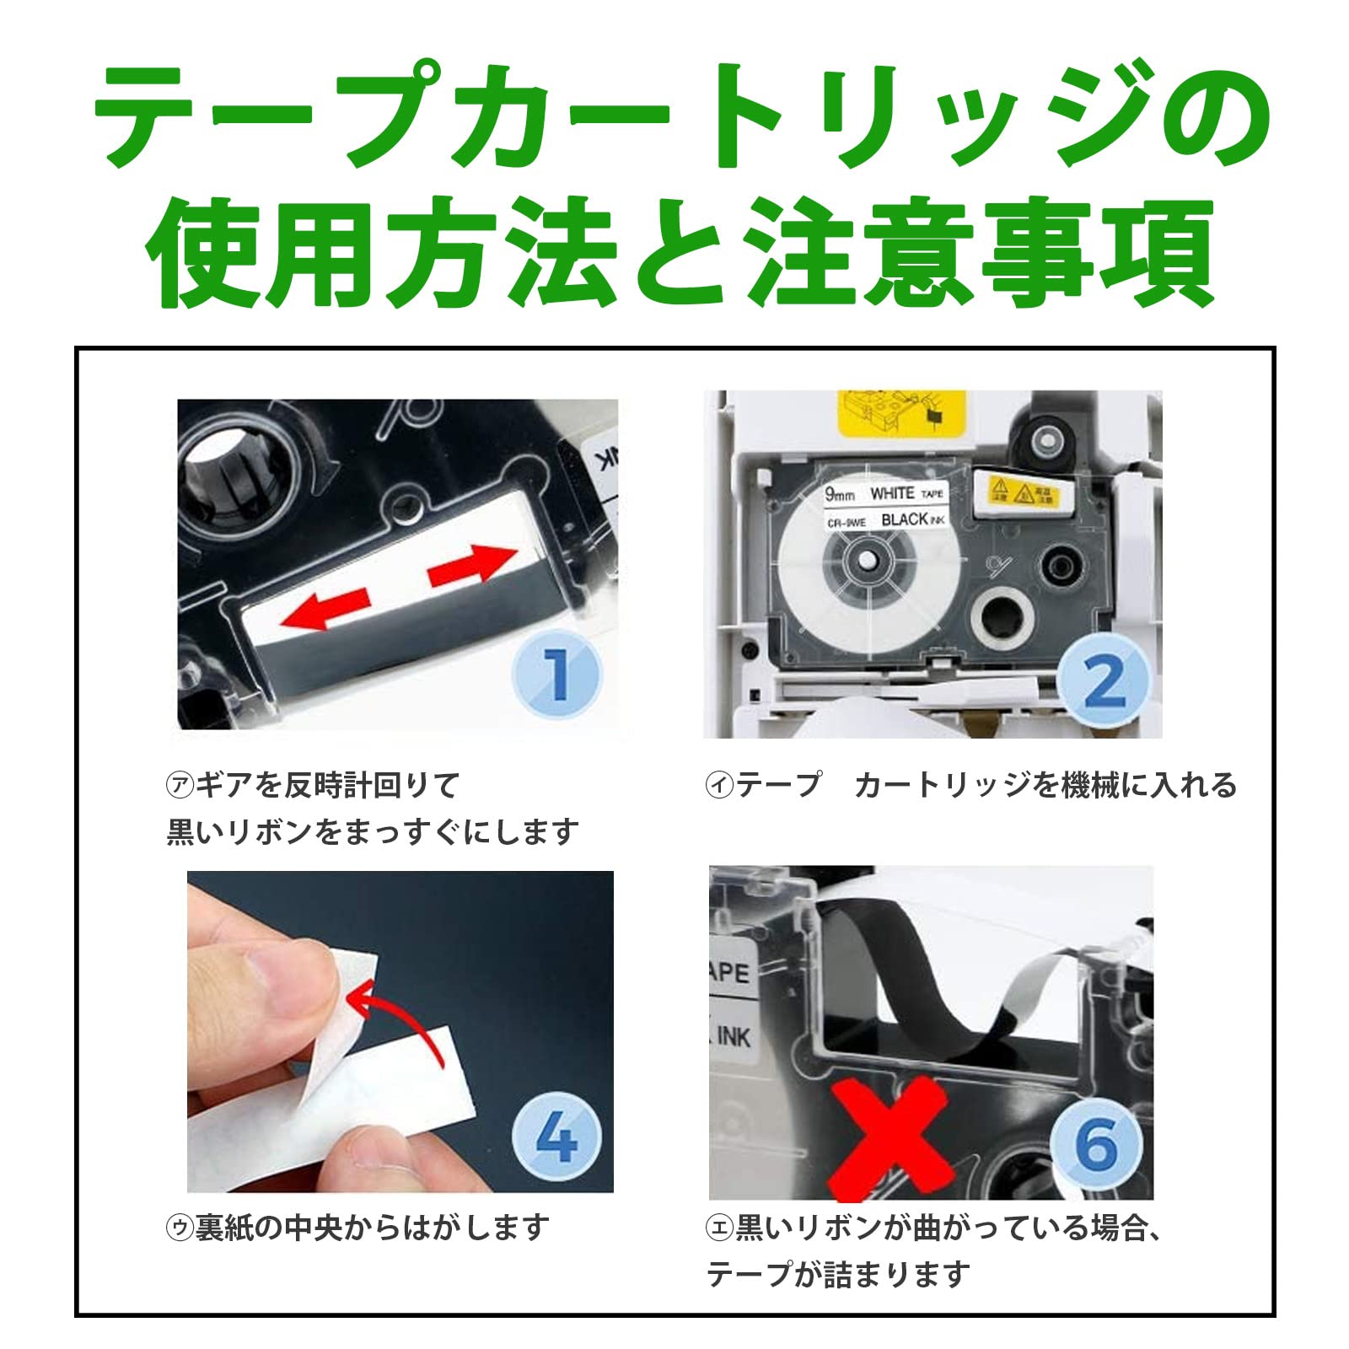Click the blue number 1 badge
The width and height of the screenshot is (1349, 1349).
click(556, 674)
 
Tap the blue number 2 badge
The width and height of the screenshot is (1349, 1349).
click(1104, 681)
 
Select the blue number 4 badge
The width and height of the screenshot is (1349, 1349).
click(556, 1137)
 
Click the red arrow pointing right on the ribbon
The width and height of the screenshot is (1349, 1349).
click(472, 565)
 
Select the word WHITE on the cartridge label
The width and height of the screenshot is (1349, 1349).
click(891, 493)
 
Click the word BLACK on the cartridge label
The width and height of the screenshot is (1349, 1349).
click(904, 519)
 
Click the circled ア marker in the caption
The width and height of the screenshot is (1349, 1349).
click(180, 785)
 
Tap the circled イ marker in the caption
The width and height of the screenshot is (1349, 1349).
click(718, 785)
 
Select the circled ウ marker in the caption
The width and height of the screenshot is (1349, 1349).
click(180, 1227)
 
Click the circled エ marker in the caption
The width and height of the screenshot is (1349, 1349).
click(718, 1228)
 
